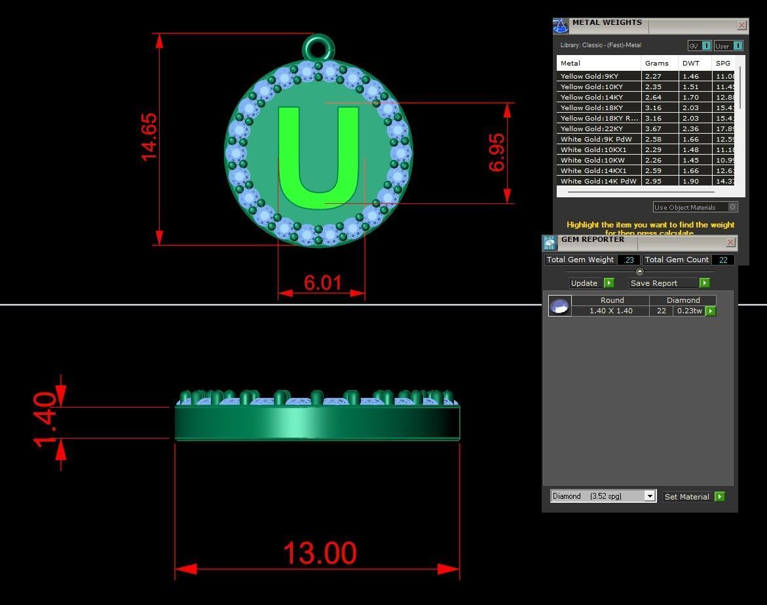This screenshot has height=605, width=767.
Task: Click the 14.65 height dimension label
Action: pyautogui.click(x=149, y=137)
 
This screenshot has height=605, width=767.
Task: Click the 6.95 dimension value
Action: pyautogui.click(x=497, y=153)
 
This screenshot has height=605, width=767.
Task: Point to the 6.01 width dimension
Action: pyautogui.click(x=322, y=283)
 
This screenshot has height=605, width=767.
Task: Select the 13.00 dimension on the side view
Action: pyautogui.click(x=320, y=553)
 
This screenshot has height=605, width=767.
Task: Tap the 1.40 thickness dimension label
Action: pyautogui.click(x=46, y=420)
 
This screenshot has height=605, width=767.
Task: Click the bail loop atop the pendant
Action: pyautogui.click(x=318, y=48)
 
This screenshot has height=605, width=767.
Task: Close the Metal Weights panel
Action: pyautogui.click(x=741, y=26)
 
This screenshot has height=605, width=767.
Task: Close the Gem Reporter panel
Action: pyautogui.click(x=730, y=243)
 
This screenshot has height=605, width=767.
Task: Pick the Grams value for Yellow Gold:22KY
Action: pyautogui.click(x=653, y=128)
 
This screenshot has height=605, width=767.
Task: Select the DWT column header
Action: pyautogui.click(x=690, y=63)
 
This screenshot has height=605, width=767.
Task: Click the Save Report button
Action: pyautogui.click(x=669, y=283)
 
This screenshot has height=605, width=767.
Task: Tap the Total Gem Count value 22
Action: pyautogui.click(x=723, y=260)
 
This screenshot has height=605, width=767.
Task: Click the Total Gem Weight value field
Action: pyautogui.click(x=629, y=260)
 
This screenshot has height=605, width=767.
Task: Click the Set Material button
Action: pyautogui.click(x=693, y=497)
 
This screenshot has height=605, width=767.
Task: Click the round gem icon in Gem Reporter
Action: pyautogui.click(x=559, y=306)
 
